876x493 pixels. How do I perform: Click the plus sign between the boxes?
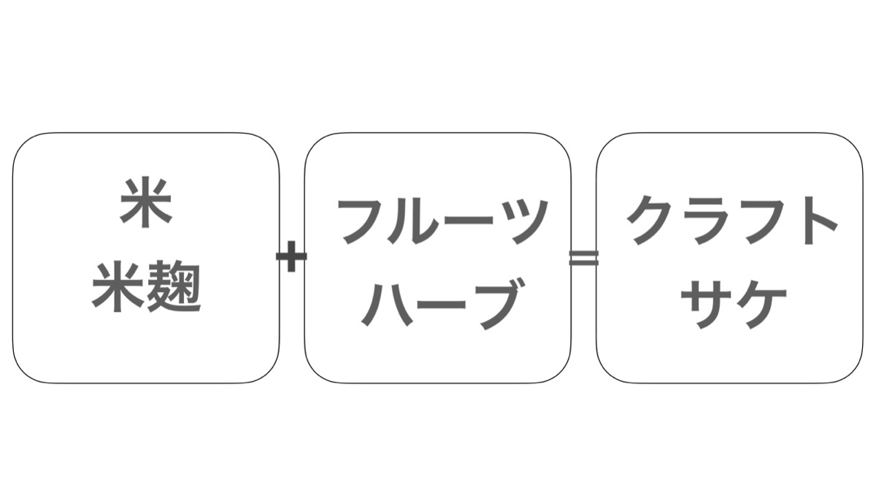point(291,256)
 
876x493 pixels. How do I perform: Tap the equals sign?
point(583,258)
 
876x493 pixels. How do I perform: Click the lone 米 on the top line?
point(146,202)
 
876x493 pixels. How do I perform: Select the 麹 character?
point(174,287)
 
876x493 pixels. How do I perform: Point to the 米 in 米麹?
point(118,287)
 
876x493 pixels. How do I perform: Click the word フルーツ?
point(442,221)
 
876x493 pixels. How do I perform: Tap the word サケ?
point(734,304)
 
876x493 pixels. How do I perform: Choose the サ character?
point(707,304)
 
